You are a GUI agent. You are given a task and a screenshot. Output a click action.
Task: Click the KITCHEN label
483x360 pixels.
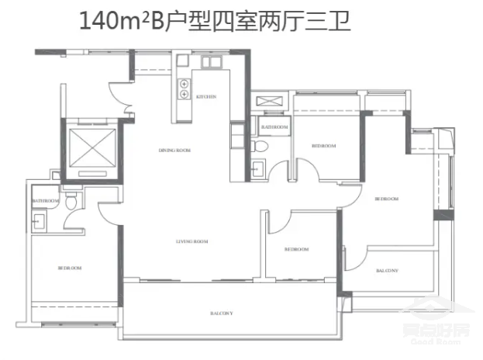[x=205, y=97]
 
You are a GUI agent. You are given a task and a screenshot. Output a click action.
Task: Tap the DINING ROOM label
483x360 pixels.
[x=175, y=150]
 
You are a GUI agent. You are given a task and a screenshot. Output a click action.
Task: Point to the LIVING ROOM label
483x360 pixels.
[x=192, y=242]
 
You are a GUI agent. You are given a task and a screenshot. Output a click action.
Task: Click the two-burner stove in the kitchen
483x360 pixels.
[x=185, y=89]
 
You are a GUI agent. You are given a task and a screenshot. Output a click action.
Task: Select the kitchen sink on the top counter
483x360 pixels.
[x=212, y=63]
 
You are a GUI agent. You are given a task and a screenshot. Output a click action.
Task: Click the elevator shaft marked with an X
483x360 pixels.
[x=91, y=147]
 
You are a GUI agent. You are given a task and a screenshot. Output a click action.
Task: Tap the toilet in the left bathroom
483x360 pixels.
[x=71, y=202]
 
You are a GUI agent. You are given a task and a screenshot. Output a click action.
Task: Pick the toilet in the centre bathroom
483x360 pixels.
[x=262, y=145]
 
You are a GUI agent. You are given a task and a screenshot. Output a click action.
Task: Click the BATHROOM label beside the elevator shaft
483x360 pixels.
[x=46, y=201]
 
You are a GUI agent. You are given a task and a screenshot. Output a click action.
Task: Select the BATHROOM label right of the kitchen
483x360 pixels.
[x=274, y=126]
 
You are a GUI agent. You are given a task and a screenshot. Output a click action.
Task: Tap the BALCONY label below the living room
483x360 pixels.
[x=223, y=313]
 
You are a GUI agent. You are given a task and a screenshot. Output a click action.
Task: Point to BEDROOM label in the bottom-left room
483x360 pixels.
[x=70, y=268]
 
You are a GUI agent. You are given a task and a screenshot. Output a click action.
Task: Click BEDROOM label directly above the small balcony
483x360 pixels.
[x=386, y=199]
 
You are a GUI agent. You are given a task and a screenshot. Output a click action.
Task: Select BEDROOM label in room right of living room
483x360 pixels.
[x=296, y=249]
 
